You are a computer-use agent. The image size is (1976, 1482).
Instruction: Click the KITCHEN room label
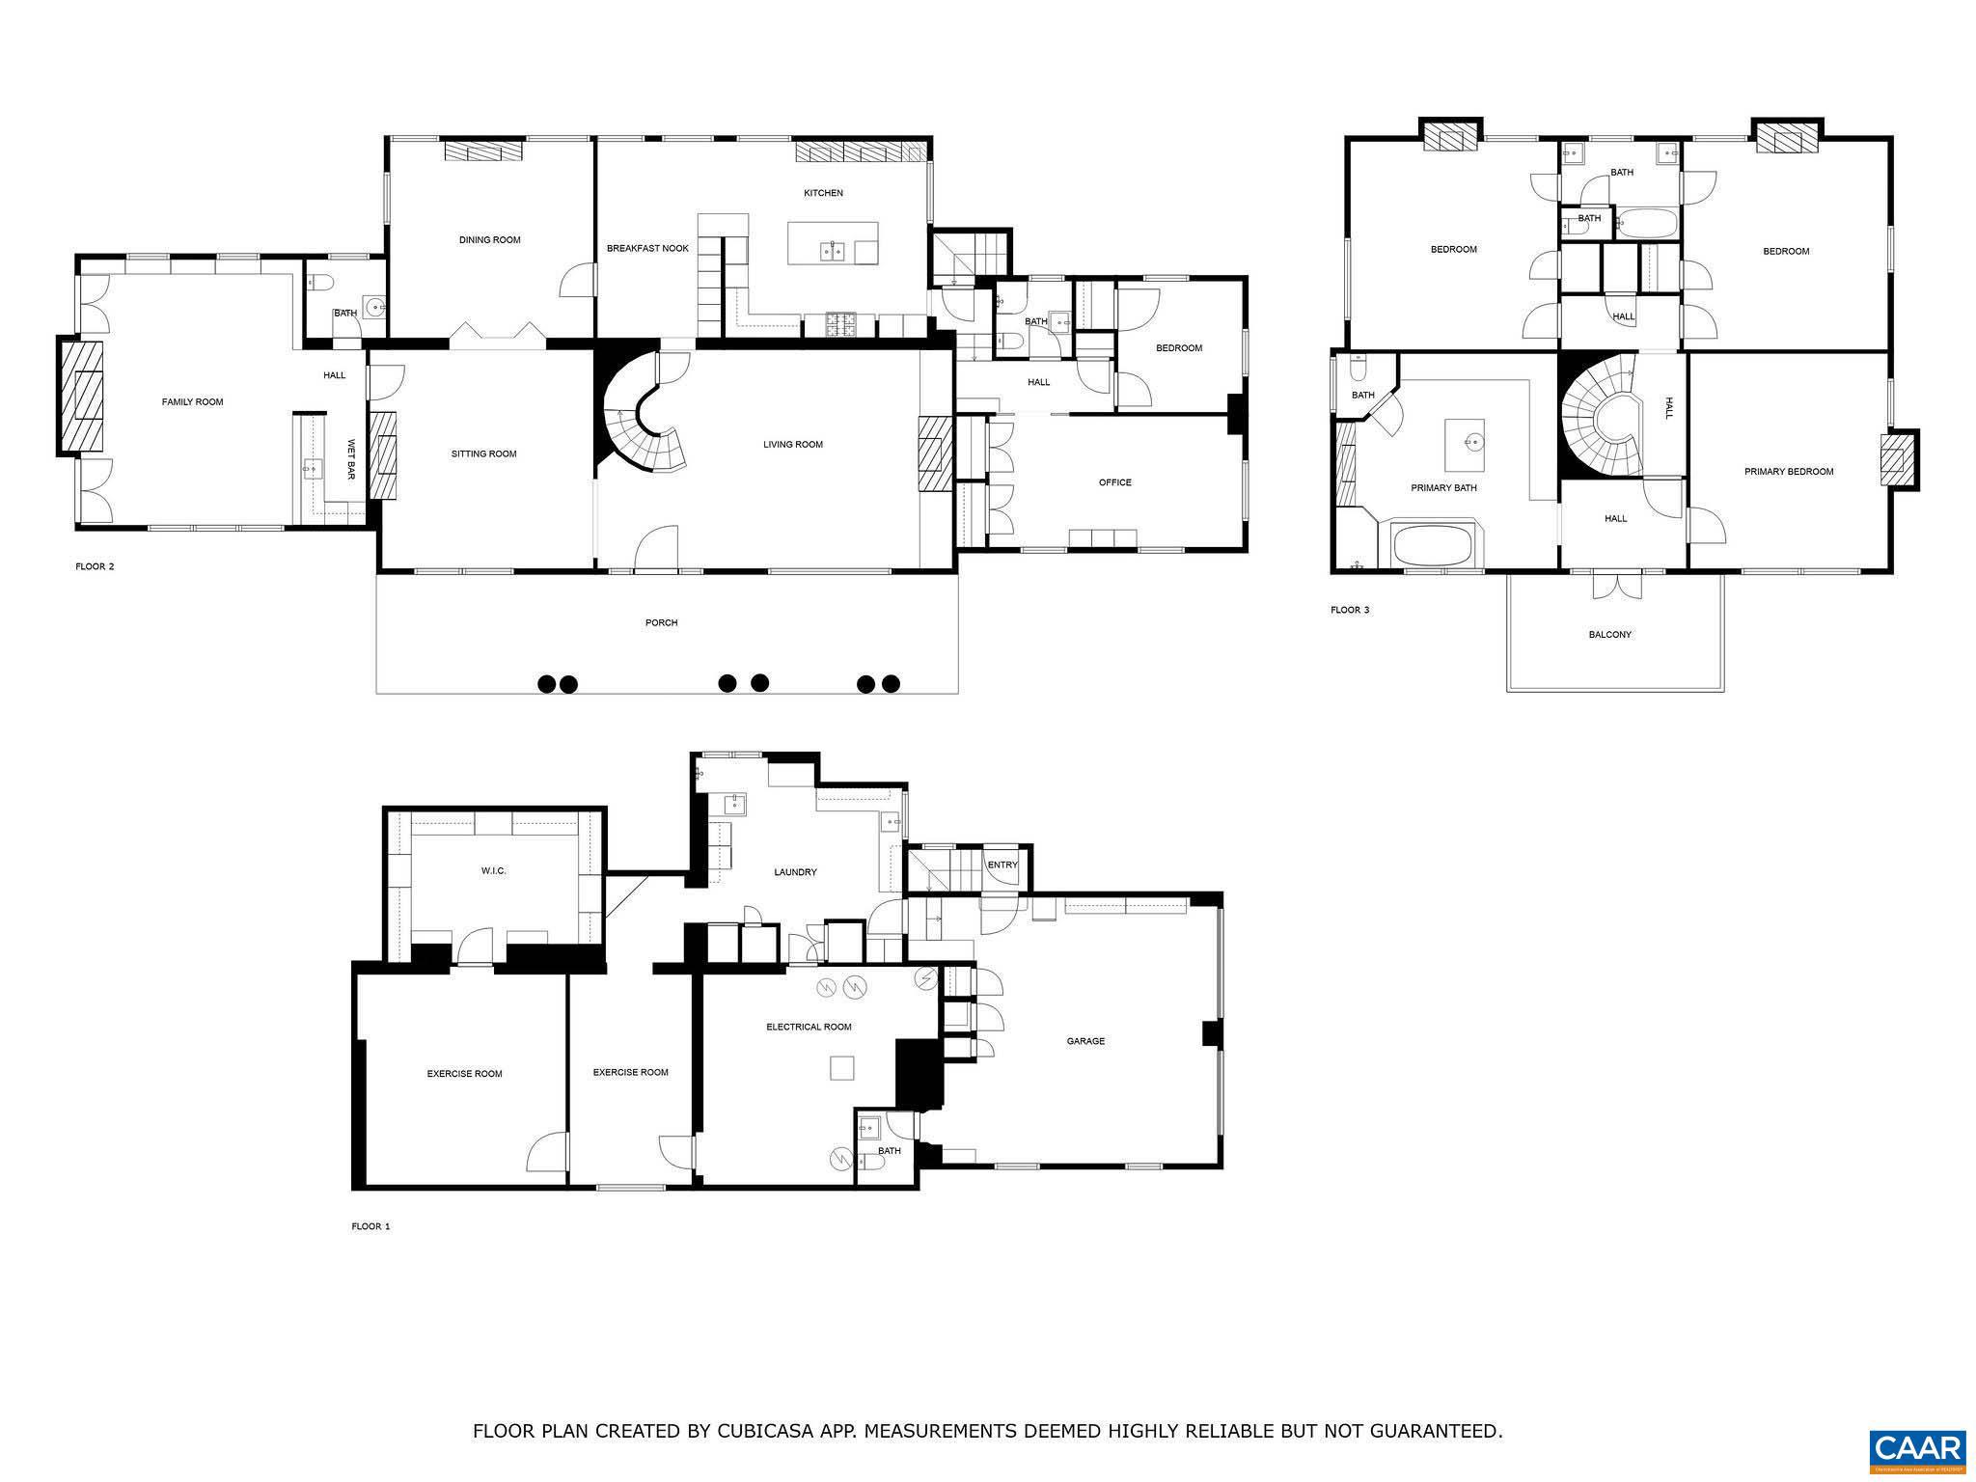click(823, 193)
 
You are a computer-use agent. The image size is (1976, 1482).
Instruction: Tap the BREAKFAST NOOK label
click(647, 249)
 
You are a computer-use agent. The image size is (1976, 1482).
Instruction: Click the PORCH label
click(661, 623)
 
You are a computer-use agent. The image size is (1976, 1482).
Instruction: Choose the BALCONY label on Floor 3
click(1609, 635)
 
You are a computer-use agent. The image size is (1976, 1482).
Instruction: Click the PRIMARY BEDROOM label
click(1788, 472)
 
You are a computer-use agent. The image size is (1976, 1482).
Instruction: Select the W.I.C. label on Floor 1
click(493, 871)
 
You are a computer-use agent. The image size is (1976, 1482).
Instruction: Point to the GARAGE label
click(1084, 1041)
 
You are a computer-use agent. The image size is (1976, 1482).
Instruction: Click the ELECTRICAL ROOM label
click(809, 1027)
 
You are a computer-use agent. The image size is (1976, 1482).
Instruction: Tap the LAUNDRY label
click(795, 872)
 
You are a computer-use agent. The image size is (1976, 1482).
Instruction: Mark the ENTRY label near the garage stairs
click(1002, 864)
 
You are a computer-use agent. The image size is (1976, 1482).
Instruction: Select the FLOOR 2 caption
click(95, 566)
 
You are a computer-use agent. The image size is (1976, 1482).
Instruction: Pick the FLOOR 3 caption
click(1349, 610)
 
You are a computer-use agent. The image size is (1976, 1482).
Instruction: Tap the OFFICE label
click(1114, 482)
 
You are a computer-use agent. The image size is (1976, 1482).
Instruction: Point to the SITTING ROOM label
click(483, 453)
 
